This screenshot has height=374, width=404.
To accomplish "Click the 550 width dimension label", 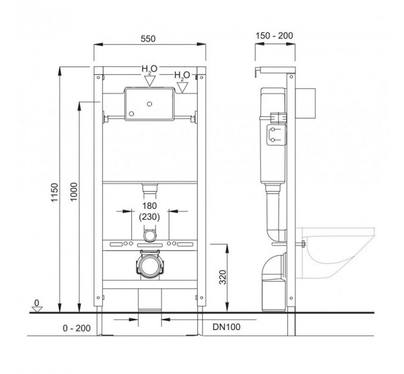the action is (x=148, y=39).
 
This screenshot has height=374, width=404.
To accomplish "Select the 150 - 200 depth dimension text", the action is (x=274, y=36).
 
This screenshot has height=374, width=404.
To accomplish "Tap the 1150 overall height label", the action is (x=55, y=192).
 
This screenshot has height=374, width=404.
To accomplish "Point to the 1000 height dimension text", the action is (x=74, y=192).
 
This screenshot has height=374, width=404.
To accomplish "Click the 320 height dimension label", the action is (x=223, y=277).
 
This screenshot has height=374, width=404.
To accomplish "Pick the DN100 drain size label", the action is (x=226, y=327).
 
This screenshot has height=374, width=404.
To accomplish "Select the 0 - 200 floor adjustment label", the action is (x=77, y=328).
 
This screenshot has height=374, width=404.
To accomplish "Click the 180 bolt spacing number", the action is (x=150, y=205).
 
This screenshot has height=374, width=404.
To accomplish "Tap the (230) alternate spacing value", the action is (x=150, y=217).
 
